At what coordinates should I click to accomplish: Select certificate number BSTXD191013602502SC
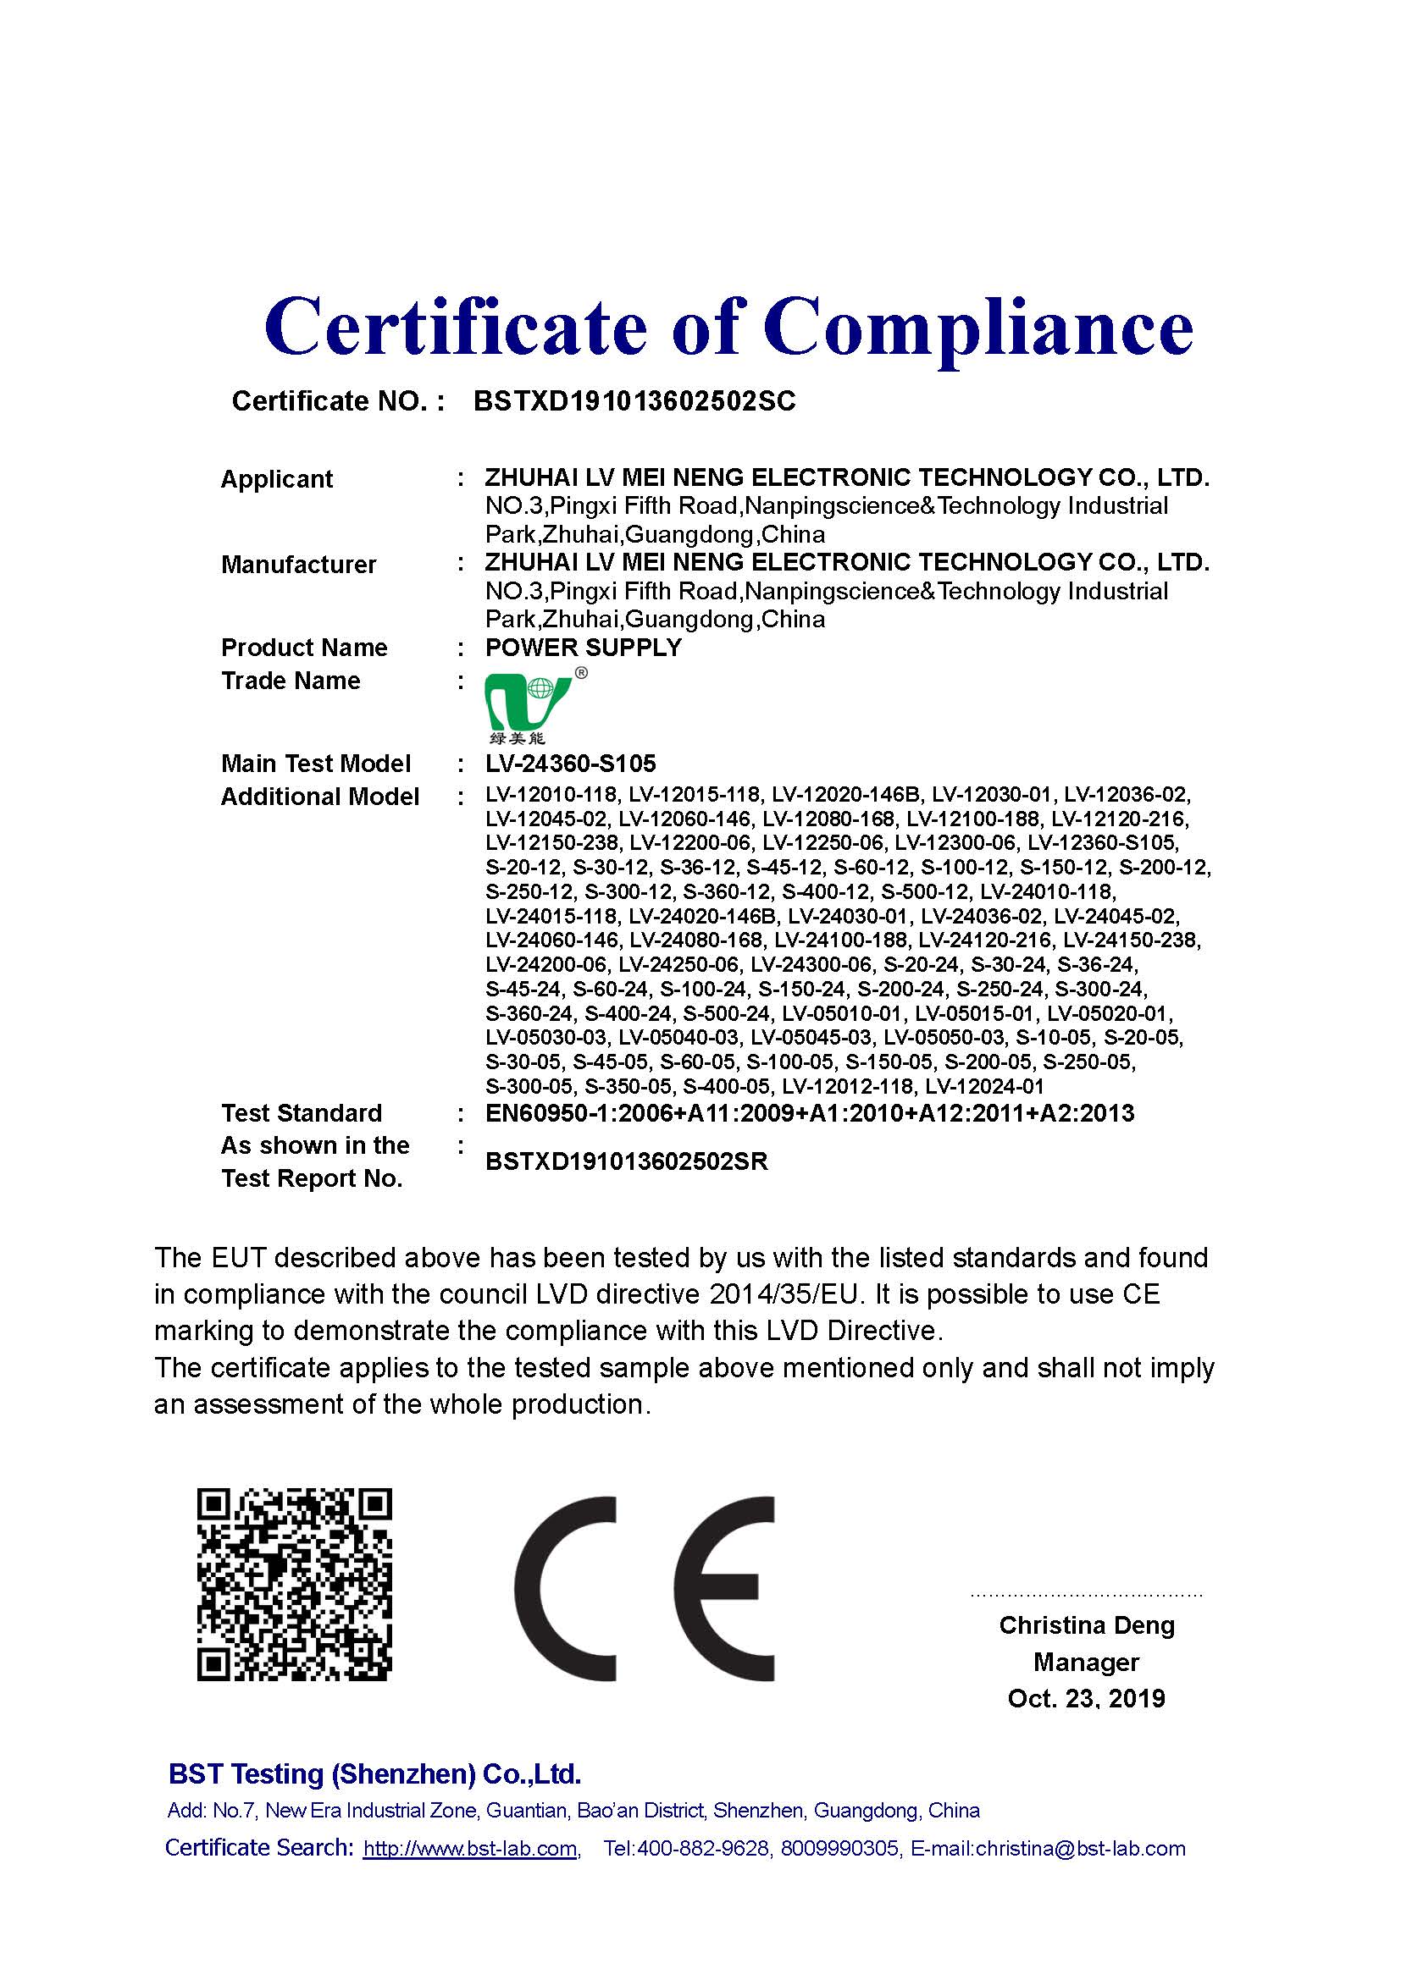(634, 401)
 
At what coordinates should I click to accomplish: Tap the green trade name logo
(527, 704)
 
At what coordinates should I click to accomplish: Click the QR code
(294, 1584)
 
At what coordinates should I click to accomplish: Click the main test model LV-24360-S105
(570, 764)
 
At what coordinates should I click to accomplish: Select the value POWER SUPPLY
(583, 648)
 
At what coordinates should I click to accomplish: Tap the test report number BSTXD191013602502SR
(626, 1161)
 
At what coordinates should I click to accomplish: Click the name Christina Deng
(1086, 1625)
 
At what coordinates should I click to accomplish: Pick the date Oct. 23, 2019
(1086, 1699)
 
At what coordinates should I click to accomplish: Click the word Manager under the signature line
(1086, 1662)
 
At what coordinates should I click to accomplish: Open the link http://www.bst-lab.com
(470, 1848)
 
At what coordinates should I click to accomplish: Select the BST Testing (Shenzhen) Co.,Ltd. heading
(375, 1774)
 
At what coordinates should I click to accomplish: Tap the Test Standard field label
(301, 1113)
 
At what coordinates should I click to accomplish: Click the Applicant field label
(276, 478)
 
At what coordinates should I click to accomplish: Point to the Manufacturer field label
(298, 564)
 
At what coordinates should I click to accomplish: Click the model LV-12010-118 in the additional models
(551, 794)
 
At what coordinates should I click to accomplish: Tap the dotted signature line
(1086, 1595)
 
